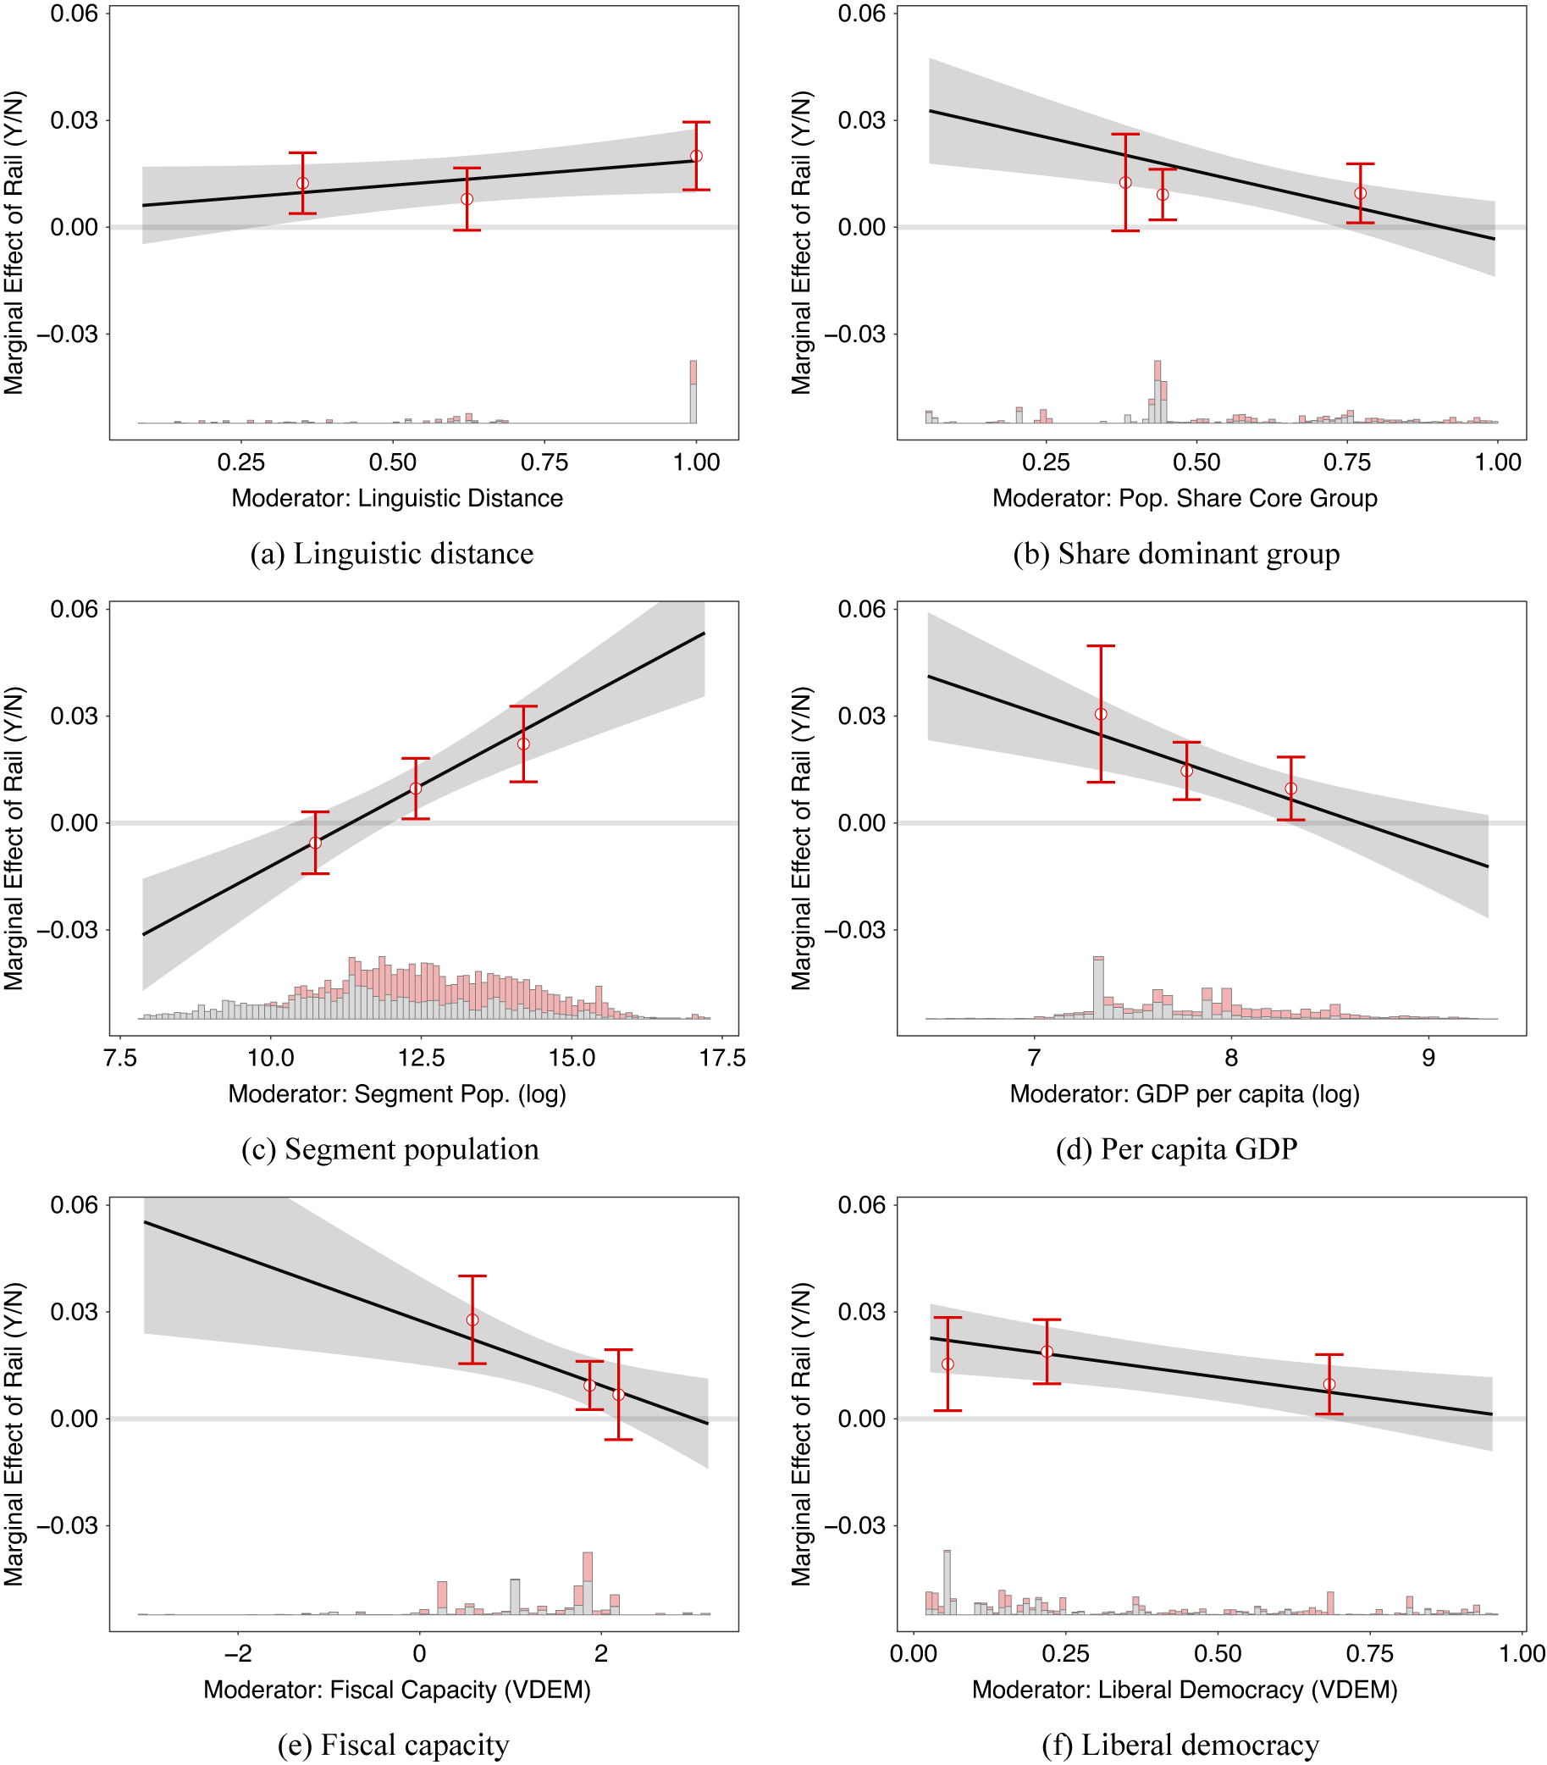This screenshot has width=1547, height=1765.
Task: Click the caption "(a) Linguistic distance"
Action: (x=392, y=554)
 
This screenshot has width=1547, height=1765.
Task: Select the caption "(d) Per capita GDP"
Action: (x=1176, y=1149)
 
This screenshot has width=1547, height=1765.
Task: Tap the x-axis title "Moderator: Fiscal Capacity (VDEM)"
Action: (x=397, y=1690)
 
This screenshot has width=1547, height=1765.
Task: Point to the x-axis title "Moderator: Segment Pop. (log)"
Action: (x=397, y=1094)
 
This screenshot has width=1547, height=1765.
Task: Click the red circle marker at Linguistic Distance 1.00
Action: (x=697, y=157)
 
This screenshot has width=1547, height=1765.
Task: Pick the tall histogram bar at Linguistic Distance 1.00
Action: (x=693, y=393)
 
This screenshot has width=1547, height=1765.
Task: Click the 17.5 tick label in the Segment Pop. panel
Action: (x=722, y=1058)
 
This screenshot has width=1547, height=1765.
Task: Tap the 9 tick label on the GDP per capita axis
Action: (x=1428, y=1058)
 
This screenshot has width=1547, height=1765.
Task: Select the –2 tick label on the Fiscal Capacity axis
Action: (x=238, y=1653)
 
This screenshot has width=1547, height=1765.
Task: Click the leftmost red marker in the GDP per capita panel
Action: (x=1101, y=714)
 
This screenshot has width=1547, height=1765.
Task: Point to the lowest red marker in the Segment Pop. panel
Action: (x=315, y=843)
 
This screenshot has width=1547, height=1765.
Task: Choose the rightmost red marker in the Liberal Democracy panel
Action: (x=1329, y=1384)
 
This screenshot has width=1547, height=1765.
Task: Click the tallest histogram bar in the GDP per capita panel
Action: (x=1098, y=988)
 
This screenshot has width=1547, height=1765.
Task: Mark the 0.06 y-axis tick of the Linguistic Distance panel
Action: (x=75, y=14)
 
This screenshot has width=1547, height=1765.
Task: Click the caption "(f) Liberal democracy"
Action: (x=1180, y=1746)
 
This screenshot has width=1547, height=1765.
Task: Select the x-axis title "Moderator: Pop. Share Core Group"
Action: (x=1185, y=498)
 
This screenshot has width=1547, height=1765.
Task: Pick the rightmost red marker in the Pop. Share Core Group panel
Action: (x=1361, y=193)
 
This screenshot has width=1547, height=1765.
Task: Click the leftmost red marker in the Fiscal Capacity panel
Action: (x=472, y=1320)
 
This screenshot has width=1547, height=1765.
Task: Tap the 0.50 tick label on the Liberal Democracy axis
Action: (x=1218, y=1653)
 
